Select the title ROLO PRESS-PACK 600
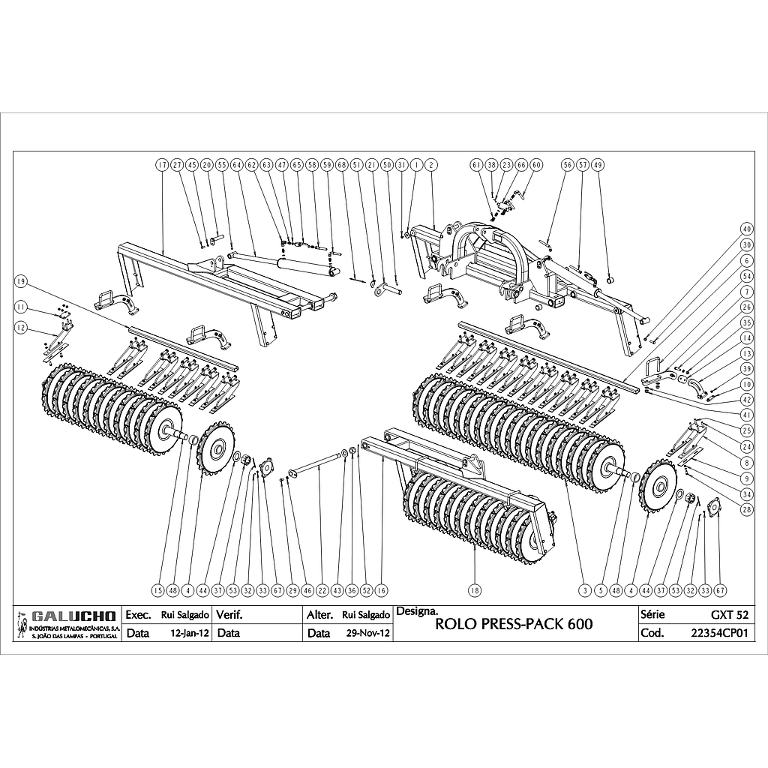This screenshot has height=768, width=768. coord(514,625)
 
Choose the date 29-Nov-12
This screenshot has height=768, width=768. coord(367,633)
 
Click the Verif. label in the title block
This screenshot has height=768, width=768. coord(229,615)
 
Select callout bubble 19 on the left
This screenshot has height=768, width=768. coord(21,281)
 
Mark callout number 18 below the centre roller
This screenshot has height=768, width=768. coord(474,590)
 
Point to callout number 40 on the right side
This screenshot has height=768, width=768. coord(746,228)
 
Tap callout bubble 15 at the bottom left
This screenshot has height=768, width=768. coord(157,590)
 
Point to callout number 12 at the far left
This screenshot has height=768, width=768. coord(21,327)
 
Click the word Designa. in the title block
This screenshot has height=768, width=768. coord(412,610)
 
